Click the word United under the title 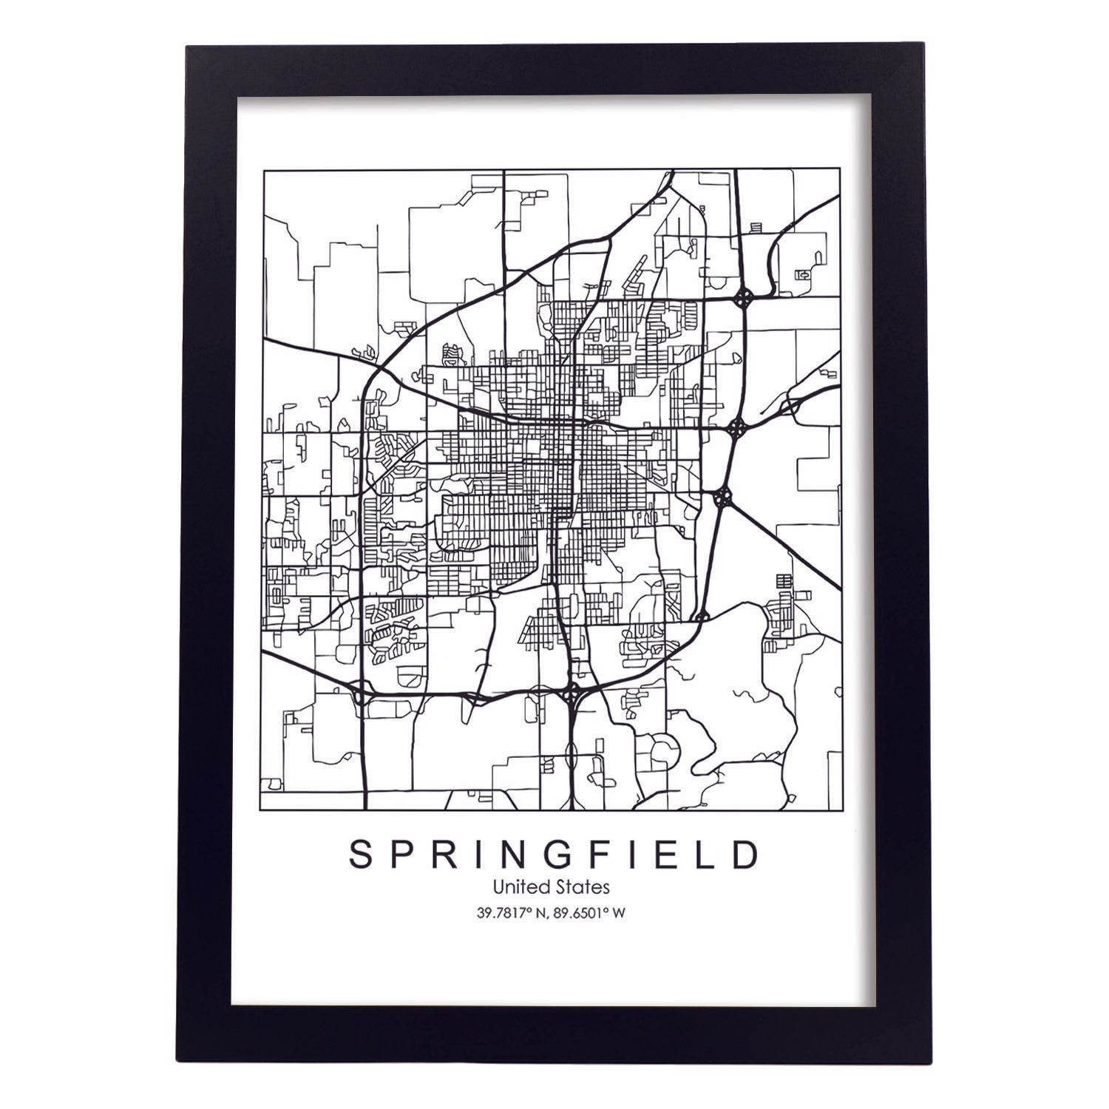point(520,885)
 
